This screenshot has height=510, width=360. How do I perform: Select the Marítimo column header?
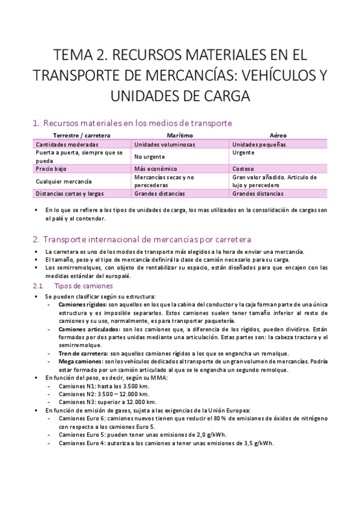coord(180,136)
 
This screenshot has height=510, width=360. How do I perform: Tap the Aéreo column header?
coord(278,136)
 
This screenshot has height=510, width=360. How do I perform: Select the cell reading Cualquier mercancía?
coord(64,181)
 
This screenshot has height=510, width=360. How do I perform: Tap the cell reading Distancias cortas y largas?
coord(70,194)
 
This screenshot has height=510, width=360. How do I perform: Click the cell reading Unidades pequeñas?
coord(259,144)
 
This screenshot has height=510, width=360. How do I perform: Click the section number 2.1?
coord(38,286)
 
